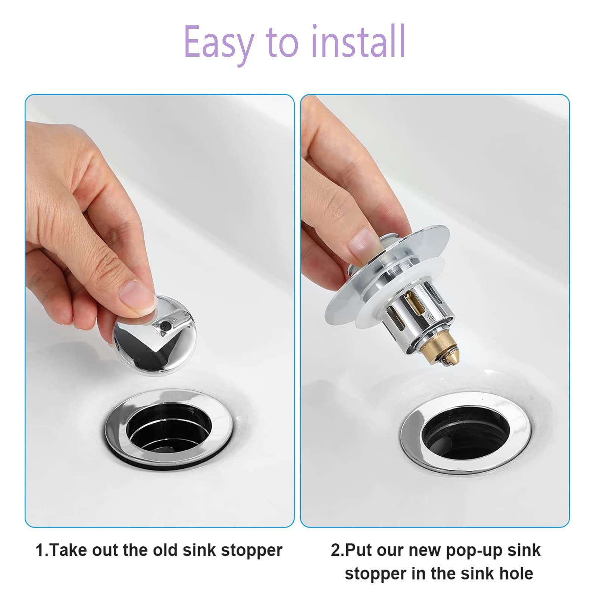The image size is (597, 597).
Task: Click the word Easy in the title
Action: [x=218, y=42]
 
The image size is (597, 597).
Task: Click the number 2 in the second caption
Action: [x=335, y=550]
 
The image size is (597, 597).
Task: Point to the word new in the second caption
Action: [x=425, y=550]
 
